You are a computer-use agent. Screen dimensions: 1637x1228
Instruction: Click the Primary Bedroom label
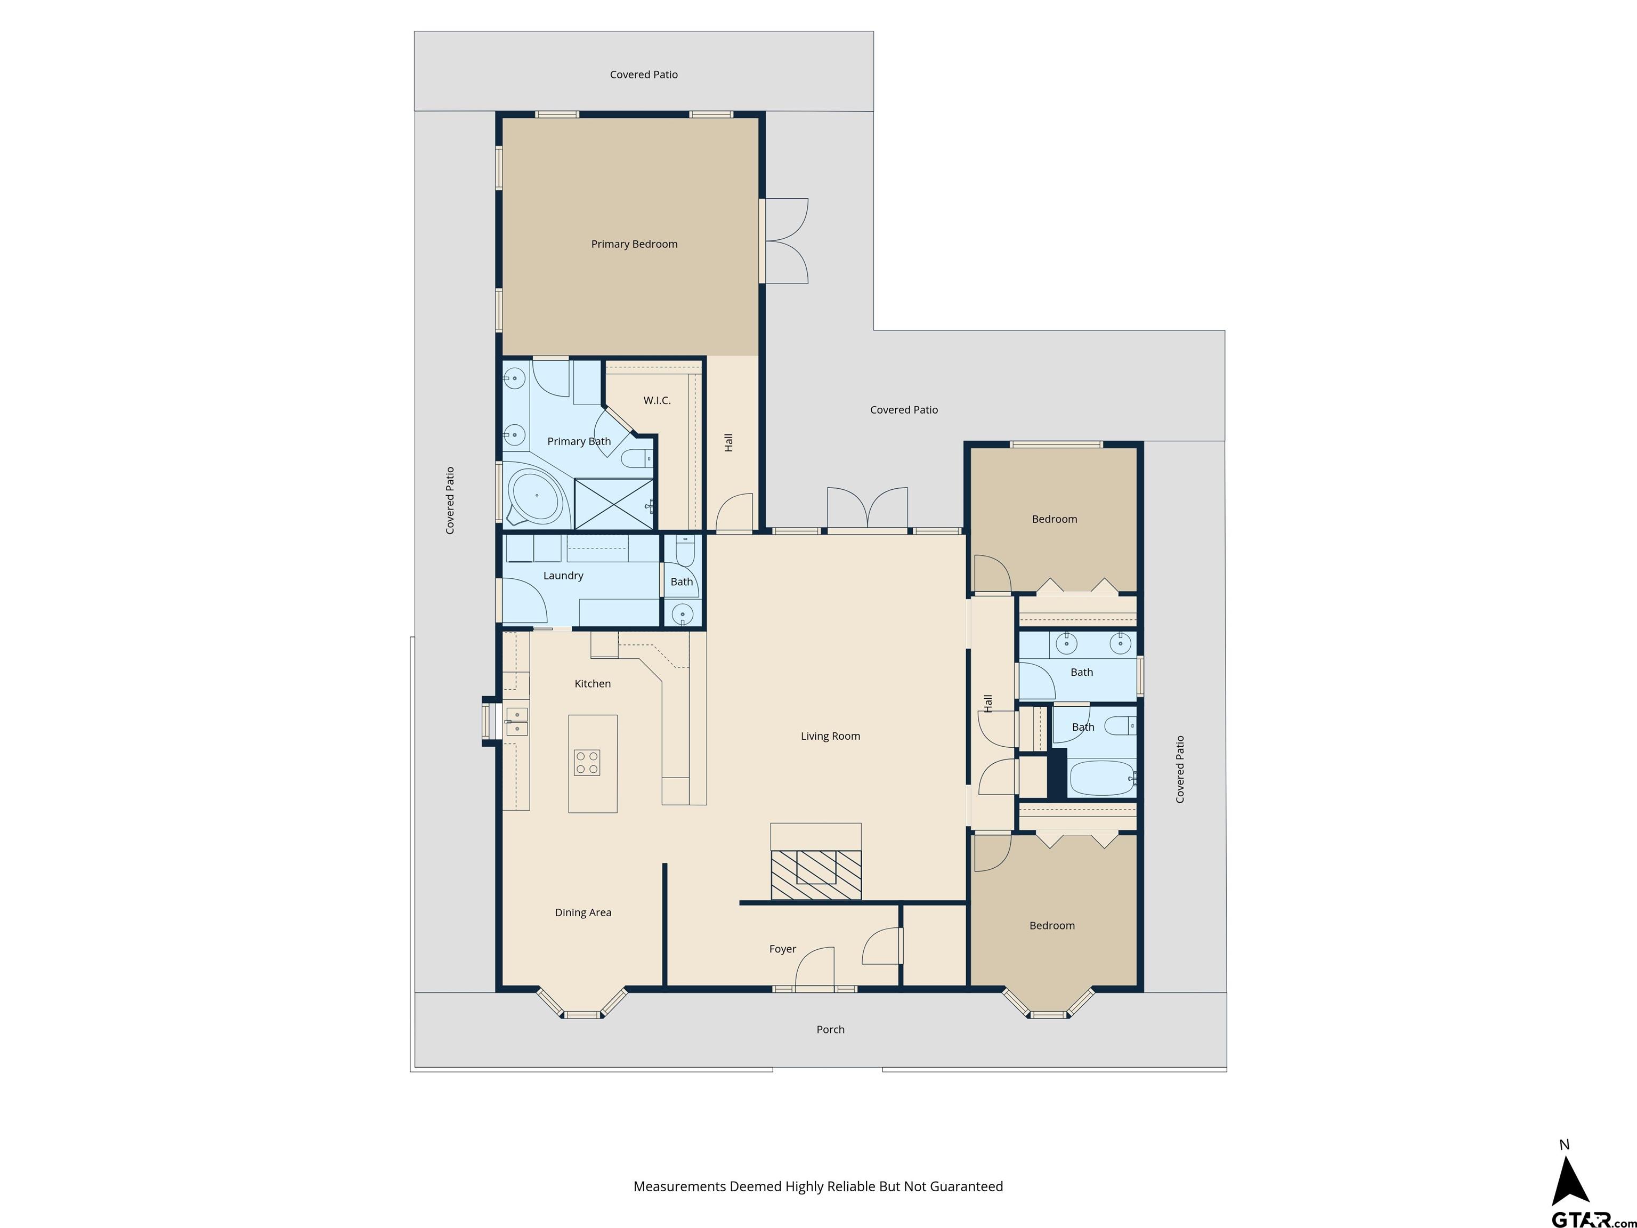point(634,244)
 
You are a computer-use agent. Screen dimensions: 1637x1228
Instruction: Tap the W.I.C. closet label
point(657,400)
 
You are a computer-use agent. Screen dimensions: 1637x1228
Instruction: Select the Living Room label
point(830,736)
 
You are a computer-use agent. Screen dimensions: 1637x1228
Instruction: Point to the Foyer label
point(782,949)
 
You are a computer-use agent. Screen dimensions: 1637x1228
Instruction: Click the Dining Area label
point(583,912)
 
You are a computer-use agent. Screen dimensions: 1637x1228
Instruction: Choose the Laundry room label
point(563,576)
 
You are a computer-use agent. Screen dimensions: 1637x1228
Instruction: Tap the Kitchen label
point(593,684)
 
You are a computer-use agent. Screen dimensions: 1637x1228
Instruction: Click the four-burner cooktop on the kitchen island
point(587,762)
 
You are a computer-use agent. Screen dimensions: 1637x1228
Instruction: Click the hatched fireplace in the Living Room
point(816,875)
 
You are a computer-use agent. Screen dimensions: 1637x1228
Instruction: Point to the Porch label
point(830,1030)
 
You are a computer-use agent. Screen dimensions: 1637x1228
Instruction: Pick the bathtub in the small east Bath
point(1102,778)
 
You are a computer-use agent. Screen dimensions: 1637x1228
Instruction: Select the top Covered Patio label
point(644,75)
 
